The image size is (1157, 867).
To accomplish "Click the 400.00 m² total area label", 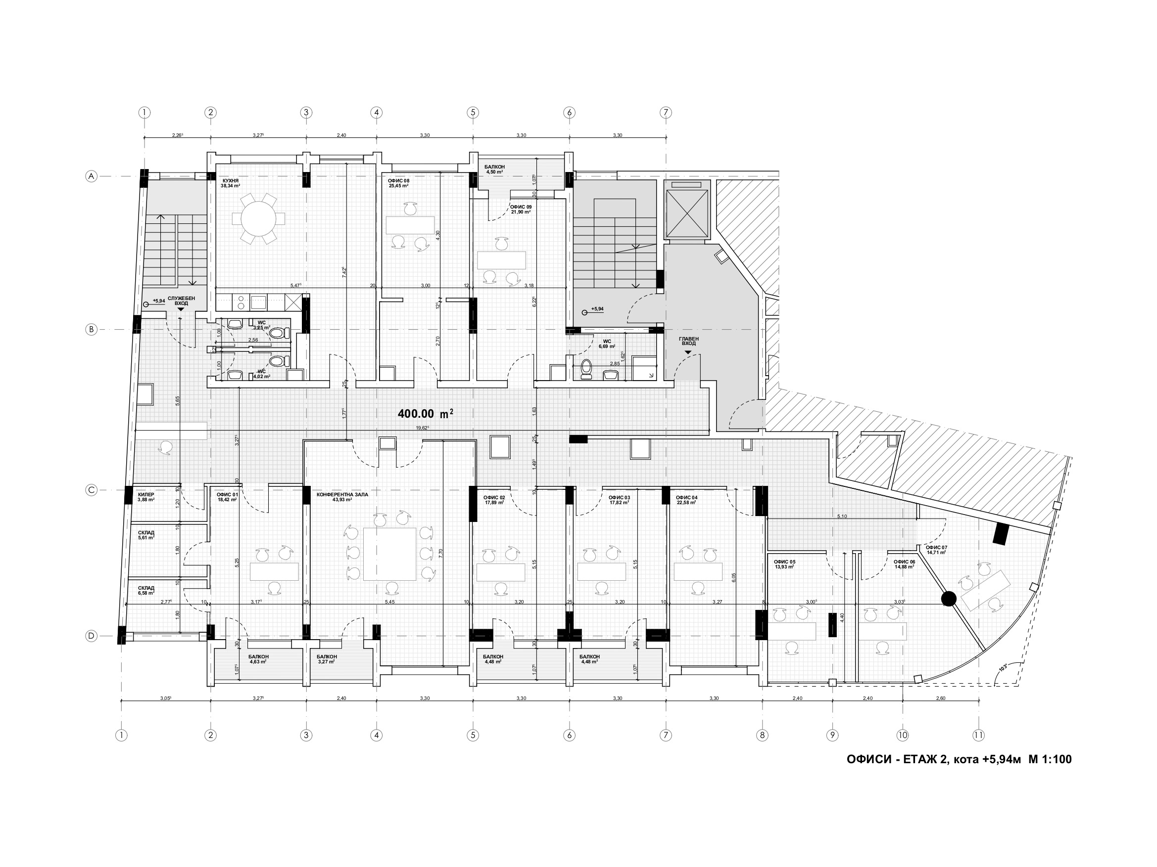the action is (425, 414).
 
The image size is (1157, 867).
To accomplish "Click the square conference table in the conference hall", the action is (389, 554).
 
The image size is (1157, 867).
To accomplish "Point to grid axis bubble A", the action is (92, 176).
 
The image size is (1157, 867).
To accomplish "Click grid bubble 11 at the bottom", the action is (979, 736).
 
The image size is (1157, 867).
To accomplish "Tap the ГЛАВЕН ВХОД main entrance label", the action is (688, 341).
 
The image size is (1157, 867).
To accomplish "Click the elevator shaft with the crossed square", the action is (687, 215).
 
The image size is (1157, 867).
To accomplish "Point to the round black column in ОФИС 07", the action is (949, 599).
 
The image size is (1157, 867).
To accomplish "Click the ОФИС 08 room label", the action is (398, 182).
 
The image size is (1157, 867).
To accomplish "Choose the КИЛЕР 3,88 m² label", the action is (146, 496).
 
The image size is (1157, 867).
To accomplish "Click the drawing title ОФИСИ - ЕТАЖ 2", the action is (959, 759).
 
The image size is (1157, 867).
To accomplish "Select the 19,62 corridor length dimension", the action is (422, 428).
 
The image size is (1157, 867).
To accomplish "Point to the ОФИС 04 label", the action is (686, 500).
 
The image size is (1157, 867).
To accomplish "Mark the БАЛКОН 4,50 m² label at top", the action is (494, 169).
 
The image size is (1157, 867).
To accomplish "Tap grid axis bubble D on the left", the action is (92, 636).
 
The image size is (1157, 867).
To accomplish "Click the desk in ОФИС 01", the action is (274, 572).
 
